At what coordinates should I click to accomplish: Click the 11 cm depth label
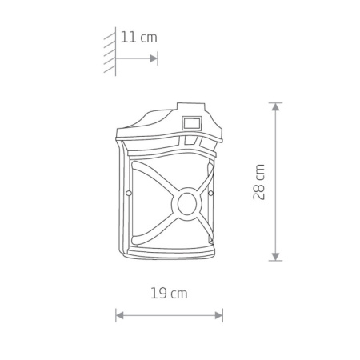click(139, 37)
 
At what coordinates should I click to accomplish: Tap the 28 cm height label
click(258, 182)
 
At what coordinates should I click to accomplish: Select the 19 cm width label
click(169, 294)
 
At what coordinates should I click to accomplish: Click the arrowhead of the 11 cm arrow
click(154, 58)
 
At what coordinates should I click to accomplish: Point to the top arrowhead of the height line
click(275, 107)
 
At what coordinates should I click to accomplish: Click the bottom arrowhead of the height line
click(275, 257)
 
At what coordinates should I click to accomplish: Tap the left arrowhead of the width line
click(119, 316)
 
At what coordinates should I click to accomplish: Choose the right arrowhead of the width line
click(218, 316)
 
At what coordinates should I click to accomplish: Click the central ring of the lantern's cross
click(187, 204)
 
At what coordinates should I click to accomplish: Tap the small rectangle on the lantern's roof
click(192, 123)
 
